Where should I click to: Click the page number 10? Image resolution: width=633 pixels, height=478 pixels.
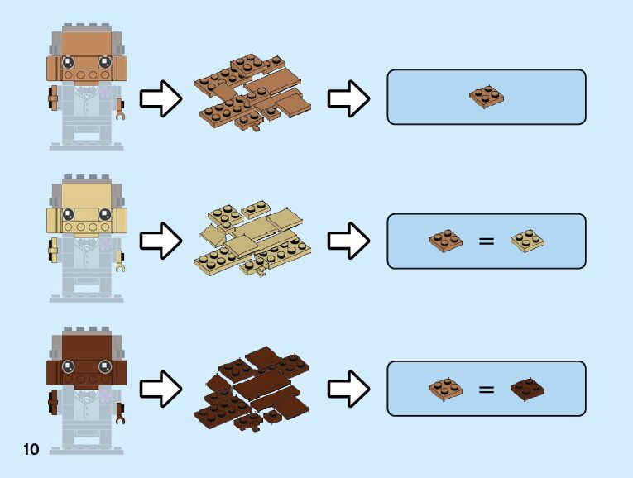tap(31, 450)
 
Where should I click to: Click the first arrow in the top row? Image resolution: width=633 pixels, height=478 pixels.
tap(161, 99)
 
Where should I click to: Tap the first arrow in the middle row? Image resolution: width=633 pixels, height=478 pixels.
tap(161, 241)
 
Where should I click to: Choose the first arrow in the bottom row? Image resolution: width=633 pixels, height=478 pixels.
tap(161, 388)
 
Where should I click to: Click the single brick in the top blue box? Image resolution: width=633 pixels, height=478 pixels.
tap(487, 97)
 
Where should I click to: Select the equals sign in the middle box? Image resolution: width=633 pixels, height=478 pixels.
tap(487, 241)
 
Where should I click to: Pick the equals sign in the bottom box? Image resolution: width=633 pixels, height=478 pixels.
tap(487, 388)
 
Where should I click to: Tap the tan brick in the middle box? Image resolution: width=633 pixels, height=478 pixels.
tap(527, 241)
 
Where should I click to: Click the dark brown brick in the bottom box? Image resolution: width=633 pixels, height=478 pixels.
tap(527, 387)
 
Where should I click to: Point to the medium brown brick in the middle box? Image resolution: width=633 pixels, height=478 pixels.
tap(447, 241)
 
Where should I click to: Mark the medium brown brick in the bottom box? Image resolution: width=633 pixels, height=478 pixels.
tap(447, 387)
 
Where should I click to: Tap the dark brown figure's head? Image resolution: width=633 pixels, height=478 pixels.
tap(85, 361)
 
